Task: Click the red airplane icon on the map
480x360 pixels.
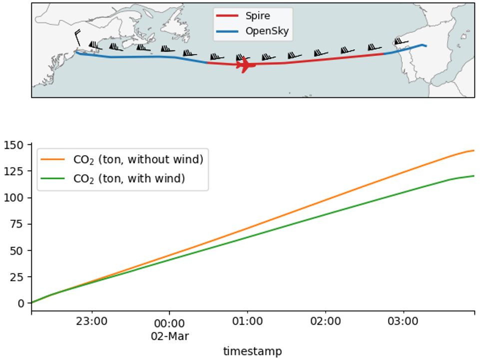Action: (246, 65)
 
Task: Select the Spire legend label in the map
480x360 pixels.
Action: (257, 16)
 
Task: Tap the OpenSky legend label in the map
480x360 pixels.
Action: (267, 31)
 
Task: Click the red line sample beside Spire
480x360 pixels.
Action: (228, 16)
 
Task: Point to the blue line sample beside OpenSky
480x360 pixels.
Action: (228, 31)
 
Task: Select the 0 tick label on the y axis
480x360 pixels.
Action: (20, 303)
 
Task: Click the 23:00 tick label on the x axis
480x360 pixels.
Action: (92, 322)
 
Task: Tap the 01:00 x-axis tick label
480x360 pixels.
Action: (247, 322)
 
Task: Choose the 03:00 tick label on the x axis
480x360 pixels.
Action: (403, 322)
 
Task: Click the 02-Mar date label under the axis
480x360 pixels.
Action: (170, 337)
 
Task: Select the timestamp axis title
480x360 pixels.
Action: (252, 352)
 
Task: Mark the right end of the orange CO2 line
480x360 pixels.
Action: (474, 150)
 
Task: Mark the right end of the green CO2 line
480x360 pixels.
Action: (474, 176)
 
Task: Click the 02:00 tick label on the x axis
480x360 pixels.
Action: (325, 322)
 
